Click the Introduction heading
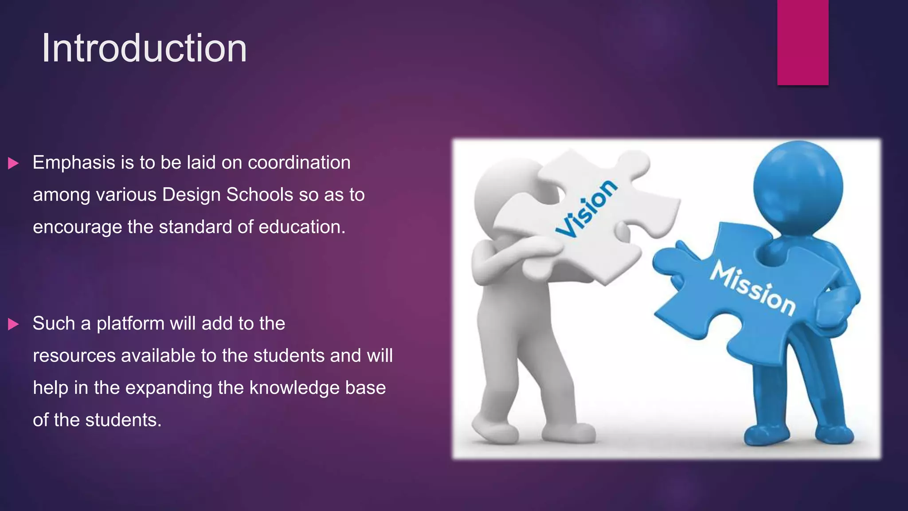click(x=144, y=48)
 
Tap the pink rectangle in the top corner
click(x=802, y=42)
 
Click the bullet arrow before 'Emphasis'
click(x=13, y=163)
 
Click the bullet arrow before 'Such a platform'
click(x=13, y=324)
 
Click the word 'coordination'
click(x=299, y=163)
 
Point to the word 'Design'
click(x=192, y=195)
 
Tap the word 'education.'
click(x=301, y=227)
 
